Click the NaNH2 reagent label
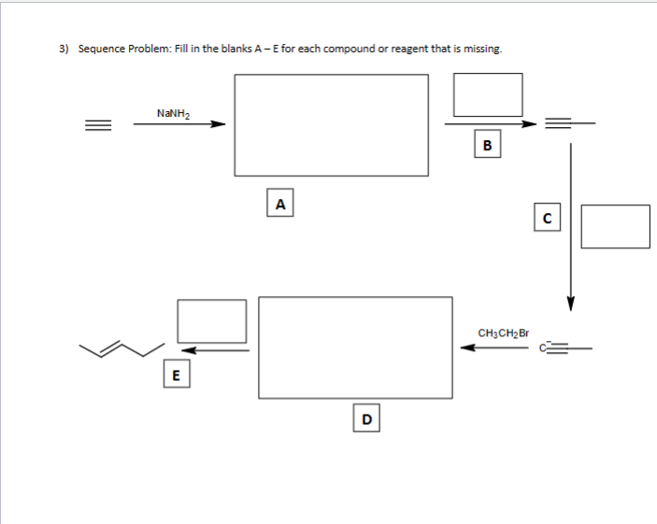coord(174,113)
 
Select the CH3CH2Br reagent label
coord(503,333)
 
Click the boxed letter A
coord(279,202)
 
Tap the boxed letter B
coord(487,144)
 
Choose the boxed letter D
coord(366,419)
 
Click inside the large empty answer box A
coord(331,124)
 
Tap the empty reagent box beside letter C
coord(614,226)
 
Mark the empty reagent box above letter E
coord(212,320)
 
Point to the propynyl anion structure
coord(566,349)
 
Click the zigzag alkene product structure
coord(122,349)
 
